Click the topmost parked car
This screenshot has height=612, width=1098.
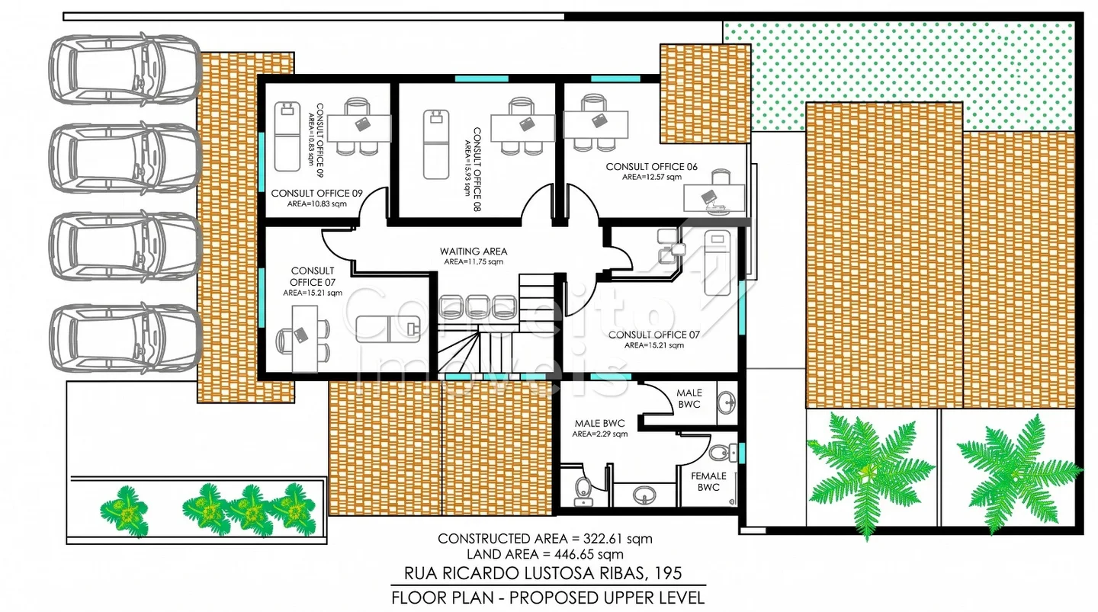coord(125,69)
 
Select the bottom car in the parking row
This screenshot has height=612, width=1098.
coord(126,338)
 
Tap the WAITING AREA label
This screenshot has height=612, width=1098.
coord(474,252)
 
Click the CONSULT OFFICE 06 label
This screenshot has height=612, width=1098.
coord(651,167)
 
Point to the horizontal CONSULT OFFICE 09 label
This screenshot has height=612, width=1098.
coord(316,193)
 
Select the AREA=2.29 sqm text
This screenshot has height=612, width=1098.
coord(599,434)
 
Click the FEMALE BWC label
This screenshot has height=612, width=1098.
coord(708,481)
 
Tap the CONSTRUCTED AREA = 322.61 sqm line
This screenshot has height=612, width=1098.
coord(545,539)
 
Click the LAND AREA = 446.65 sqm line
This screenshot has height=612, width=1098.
coord(545,554)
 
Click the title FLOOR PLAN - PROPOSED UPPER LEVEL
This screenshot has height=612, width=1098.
coord(548,598)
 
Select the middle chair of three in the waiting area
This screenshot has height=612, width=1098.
coord(478,307)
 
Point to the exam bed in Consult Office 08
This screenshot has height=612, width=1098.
coord(436,145)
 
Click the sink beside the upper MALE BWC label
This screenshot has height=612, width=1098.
coord(726,403)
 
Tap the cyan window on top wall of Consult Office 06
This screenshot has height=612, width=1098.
coord(615,79)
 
